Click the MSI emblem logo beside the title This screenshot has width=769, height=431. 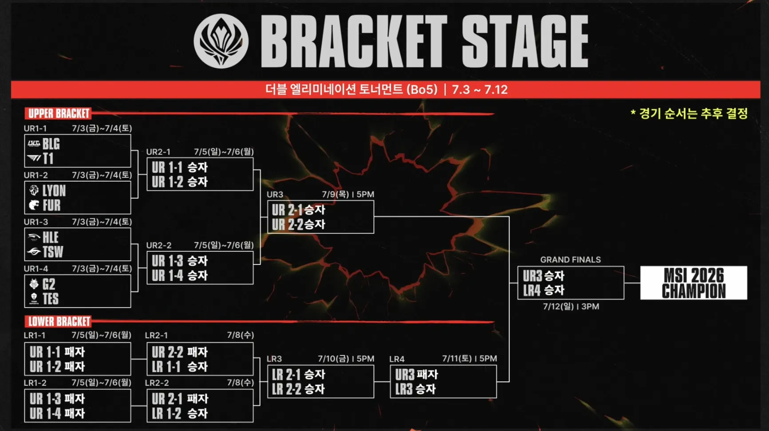[x=221, y=41]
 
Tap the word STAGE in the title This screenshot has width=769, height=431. [x=525, y=41]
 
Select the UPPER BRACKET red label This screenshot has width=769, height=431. [x=58, y=114]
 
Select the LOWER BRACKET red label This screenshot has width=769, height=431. [x=58, y=321]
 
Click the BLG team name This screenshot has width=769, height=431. [x=51, y=144]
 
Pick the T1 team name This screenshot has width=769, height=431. [x=48, y=158]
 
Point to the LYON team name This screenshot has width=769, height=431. [x=54, y=191]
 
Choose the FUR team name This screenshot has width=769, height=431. [x=51, y=206]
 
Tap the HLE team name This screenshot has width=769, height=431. [x=51, y=237]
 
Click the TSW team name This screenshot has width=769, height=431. [x=53, y=252]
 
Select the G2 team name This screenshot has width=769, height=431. [x=49, y=284]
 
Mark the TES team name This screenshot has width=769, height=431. [x=51, y=299]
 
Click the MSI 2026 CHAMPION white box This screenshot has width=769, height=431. [x=694, y=283]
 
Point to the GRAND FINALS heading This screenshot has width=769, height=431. [x=570, y=260]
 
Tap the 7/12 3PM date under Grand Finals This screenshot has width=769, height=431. [x=571, y=307]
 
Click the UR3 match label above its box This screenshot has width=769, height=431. [x=275, y=194]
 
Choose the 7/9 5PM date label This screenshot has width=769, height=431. [x=348, y=194]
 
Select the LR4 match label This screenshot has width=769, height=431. [x=397, y=359]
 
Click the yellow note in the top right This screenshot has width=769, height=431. [x=689, y=114]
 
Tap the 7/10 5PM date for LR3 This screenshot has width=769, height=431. [x=346, y=359]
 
